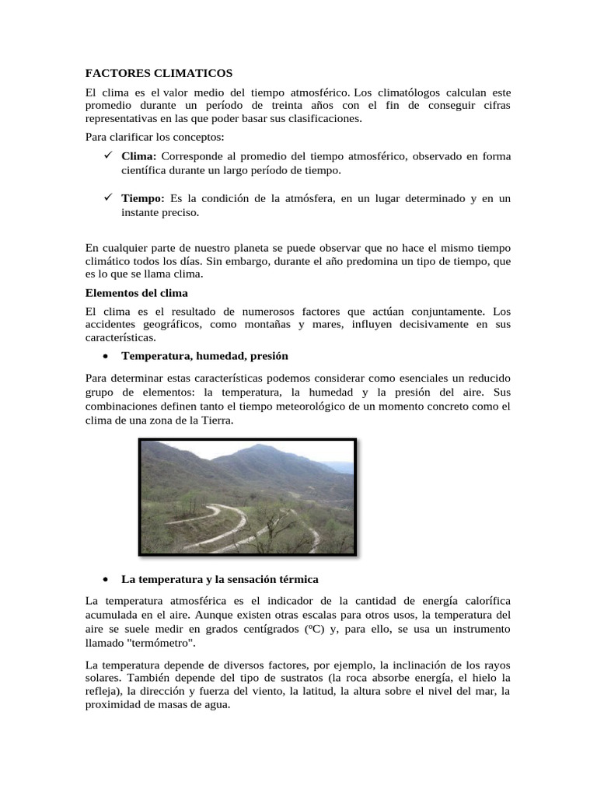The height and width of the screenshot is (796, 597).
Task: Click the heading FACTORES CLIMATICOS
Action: click(x=159, y=73)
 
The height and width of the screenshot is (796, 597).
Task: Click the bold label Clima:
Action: click(x=139, y=156)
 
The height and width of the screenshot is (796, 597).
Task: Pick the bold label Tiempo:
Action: click(x=143, y=198)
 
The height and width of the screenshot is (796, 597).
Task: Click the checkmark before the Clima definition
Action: click(x=108, y=156)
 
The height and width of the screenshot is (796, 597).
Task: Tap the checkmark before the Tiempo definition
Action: click(x=108, y=198)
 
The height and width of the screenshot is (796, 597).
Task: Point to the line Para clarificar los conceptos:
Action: click(x=154, y=138)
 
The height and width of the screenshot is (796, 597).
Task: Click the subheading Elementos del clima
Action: click(x=137, y=293)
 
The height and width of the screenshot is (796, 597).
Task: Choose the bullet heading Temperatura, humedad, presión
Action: click(x=205, y=356)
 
